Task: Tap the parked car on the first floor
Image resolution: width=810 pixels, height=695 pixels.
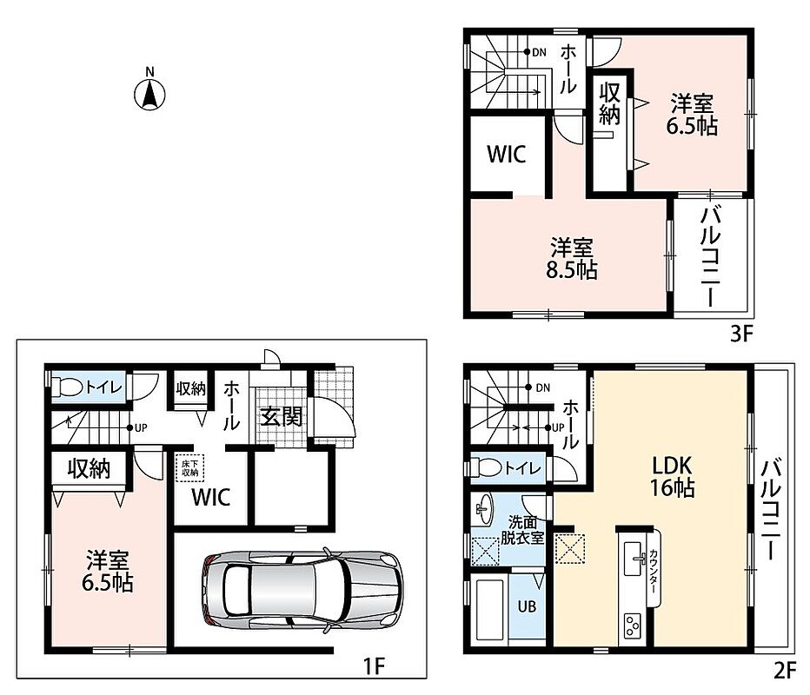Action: (302, 590)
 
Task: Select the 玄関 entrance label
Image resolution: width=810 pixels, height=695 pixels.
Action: (281, 417)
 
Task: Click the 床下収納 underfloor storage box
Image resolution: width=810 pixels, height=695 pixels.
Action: (190, 467)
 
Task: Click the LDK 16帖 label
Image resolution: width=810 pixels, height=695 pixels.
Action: (672, 476)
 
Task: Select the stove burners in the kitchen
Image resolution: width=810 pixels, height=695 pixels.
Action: (633, 625)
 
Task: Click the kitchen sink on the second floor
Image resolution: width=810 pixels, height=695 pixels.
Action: (635, 558)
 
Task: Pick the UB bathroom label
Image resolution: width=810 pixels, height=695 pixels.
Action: (527, 606)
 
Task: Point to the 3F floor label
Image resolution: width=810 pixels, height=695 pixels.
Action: (742, 334)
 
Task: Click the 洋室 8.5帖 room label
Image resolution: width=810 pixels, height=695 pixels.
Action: (572, 259)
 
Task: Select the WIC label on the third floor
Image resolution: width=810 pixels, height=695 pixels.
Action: (506, 154)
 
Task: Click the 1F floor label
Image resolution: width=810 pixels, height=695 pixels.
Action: (374, 666)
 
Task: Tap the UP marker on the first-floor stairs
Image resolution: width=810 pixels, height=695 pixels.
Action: (137, 427)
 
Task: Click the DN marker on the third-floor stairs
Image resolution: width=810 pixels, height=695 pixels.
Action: (535, 52)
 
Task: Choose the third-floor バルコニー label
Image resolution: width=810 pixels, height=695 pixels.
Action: (711, 256)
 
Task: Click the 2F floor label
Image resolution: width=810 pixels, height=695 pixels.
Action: (785, 671)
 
